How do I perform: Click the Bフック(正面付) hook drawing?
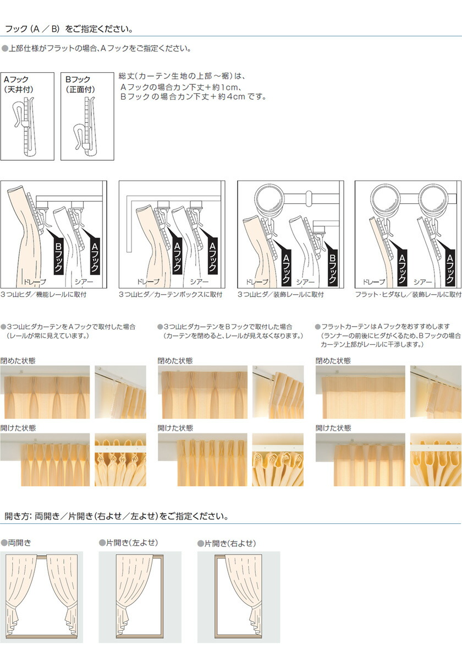tap(85, 126)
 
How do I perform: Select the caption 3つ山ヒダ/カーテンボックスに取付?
tap(170, 295)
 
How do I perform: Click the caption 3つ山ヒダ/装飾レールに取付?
tap(281, 295)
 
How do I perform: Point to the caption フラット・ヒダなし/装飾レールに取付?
tap(408, 295)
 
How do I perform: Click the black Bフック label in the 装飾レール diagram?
tap(332, 269)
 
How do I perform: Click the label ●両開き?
tap(16, 543)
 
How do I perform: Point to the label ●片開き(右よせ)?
tap(227, 543)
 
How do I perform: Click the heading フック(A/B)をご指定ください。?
tap(69, 29)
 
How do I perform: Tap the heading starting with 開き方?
tap(117, 516)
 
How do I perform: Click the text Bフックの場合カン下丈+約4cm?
tap(183, 96)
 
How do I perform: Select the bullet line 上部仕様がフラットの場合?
tap(97, 48)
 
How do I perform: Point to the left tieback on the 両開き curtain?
tap(12, 606)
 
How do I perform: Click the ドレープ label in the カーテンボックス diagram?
tap(148, 282)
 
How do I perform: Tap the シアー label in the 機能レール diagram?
tap(84, 282)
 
